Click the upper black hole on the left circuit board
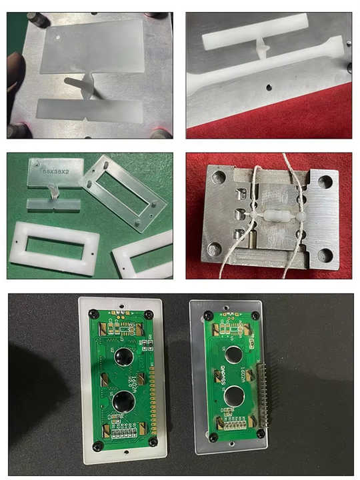(x=124, y=358)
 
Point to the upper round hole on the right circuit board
(x=234, y=354)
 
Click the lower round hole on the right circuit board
(x=234, y=398)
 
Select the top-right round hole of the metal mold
(x=326, y=181)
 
